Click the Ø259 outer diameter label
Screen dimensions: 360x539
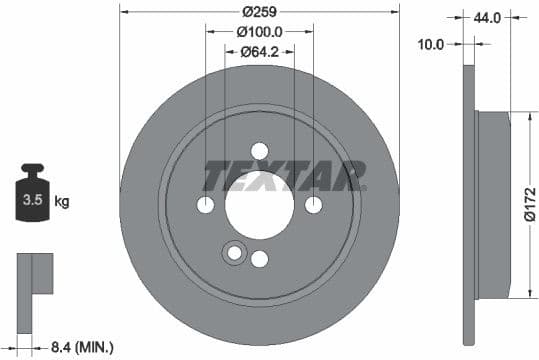pyautogui.click(x=259, y=12)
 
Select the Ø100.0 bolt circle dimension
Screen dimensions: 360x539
pyautogui.click(x=260, y=32)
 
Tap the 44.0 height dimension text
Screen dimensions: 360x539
pyautogui.click(x=487, y=18)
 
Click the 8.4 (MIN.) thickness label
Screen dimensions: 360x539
pyautogui.click(x=81, y=347)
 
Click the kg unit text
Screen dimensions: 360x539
pyautogui.click(x=61, y=202)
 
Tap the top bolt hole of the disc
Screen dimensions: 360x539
pyautogui.click(x=259, y=151)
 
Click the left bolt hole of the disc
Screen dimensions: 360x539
pyautogui.click(x=205, y=205)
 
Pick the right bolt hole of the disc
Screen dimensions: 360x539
pyautogui.click(x=313, y=205)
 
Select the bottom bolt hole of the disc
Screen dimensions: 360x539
pyautogui.click(x=259, y=260)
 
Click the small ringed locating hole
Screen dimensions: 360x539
pyautogui.click(x=235, y=253)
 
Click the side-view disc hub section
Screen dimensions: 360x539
pyautogui.click(x=495, y=205)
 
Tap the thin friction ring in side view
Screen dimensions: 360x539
pyautogui.click(x=470, y=205)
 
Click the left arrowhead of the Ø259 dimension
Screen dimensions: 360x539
pyautogui.click(x=123, y=12)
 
